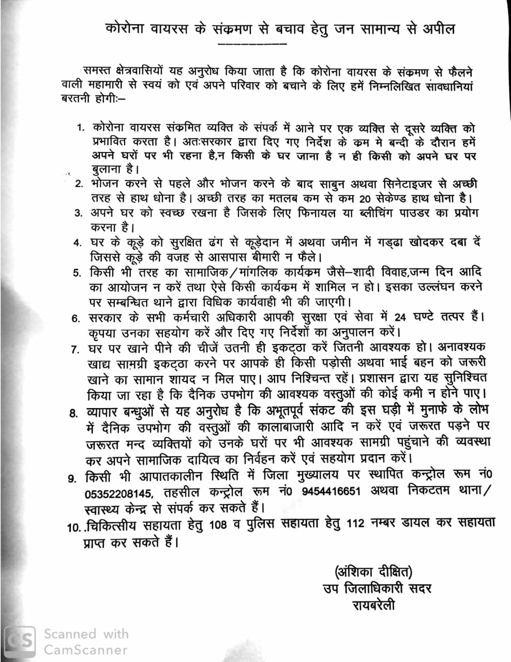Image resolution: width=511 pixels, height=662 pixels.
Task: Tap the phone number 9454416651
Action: coord(330,491)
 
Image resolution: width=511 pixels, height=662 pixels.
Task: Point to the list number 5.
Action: coord(77,273)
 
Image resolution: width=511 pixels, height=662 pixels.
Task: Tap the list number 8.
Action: coord(72,413)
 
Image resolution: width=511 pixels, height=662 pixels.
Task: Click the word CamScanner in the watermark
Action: coord(85,650)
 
